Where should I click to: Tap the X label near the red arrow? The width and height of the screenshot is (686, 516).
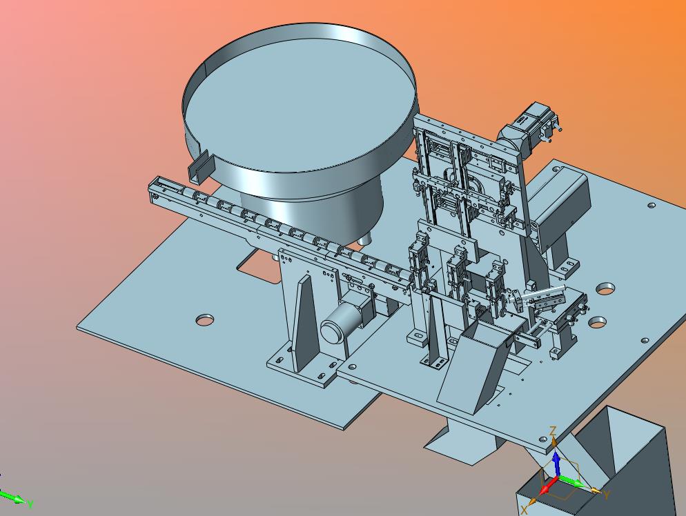click(x=525, y=510)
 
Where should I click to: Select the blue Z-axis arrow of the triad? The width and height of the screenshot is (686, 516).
click(x=556, y=464)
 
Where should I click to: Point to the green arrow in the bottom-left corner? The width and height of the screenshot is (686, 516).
click(x=12, y=497)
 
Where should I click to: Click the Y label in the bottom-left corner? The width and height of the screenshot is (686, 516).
click(x=30, y=505)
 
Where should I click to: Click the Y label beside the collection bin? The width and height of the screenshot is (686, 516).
click(x=607, y=495)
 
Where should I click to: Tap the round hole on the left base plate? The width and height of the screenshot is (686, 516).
click(x=205, y=319)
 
